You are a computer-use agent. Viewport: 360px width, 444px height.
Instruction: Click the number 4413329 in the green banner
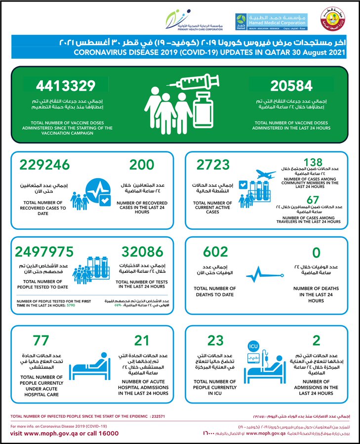[66, 86]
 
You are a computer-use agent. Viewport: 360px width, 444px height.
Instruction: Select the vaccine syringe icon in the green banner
[186, 82]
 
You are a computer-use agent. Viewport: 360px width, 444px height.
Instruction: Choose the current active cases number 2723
[213, 165]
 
